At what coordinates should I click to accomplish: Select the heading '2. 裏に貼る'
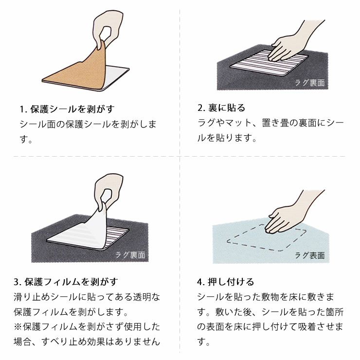click(x=221, y=108)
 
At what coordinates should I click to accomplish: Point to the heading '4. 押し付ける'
click(x=225, y=282)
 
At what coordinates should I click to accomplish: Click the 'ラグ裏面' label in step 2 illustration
click(x=310, y=83)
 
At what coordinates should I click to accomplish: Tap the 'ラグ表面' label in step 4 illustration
click(x=310, y=255)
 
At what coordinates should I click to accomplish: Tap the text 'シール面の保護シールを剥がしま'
click(x=88, y=124)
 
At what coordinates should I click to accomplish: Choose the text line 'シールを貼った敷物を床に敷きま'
click(x=270, y=296)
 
